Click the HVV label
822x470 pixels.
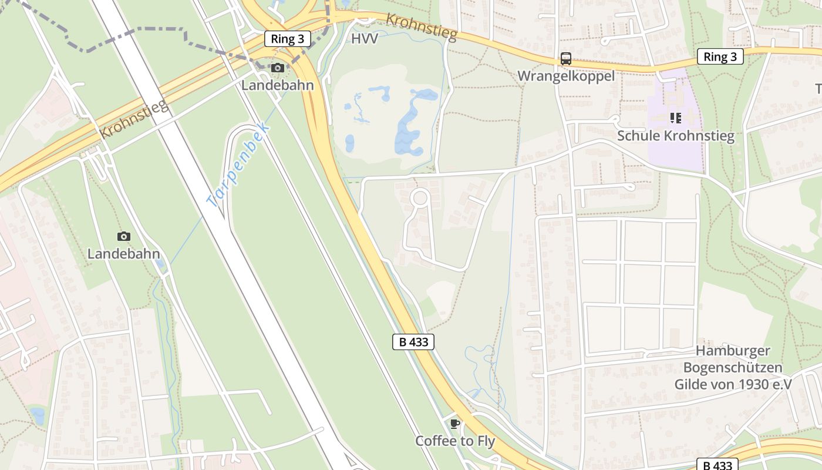pyautogui.click(x=365, y=39)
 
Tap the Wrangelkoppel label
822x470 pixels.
pyautogui.click(x=565, y=76)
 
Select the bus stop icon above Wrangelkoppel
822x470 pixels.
pyautogui.click(x=565, y=59)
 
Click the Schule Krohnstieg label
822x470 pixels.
pyautogui.click(x=675, y=136)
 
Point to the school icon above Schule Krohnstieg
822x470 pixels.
pyautogui.click(x=675, y=118)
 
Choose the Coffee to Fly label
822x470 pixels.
pyautogui.click(x=455, y=441)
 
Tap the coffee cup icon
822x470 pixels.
pyautogui.click(x=454, y=424)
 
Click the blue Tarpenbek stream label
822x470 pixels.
pyautogui.click(x=238, y=166)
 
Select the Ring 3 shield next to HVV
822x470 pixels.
pyautogui.click(x=287, y=39)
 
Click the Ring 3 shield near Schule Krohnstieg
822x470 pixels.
pyautogui.click(x=720, y=56)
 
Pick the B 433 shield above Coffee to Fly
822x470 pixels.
pyautogui.click(x=413, y=342)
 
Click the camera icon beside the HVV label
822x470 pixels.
pyautogui.click(x=278, y=68)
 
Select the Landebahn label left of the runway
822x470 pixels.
pyautogui.click(x=123, y=254)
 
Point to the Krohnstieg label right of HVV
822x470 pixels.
pyautogui.click(x=421, y=27)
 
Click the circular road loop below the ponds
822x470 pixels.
pyautogui.click(x=420, y=197)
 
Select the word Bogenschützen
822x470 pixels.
pyautogui.click(x=733, y=368)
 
